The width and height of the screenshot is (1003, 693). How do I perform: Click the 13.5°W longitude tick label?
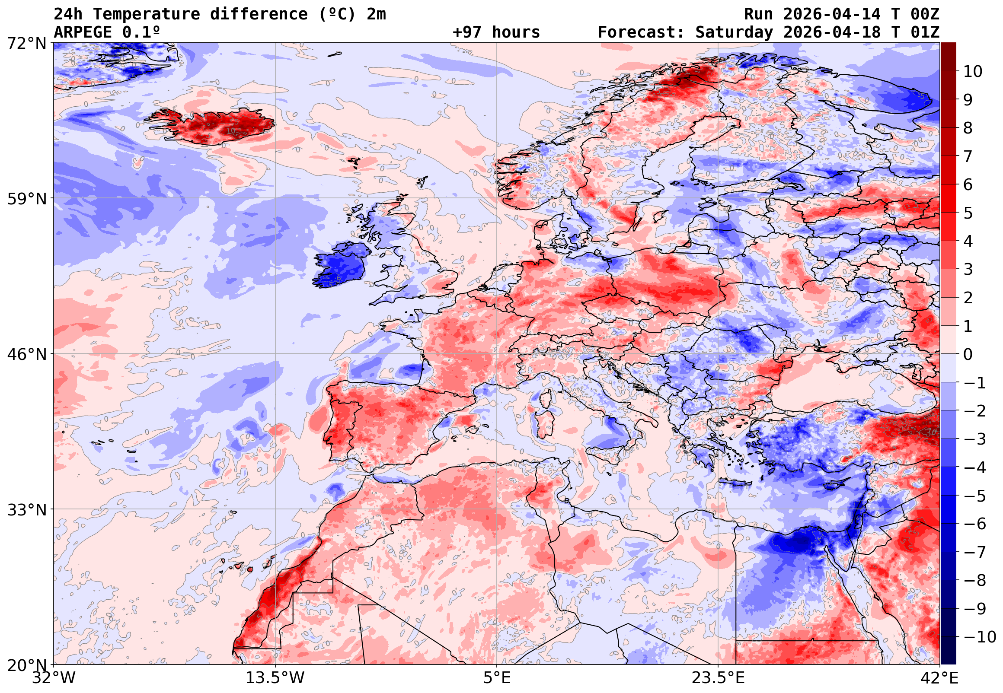275,678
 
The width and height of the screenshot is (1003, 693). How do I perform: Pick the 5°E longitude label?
497,678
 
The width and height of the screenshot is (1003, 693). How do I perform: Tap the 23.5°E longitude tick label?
718,678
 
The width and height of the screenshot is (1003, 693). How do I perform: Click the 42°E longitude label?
939,678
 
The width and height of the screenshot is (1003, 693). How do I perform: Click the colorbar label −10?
980,637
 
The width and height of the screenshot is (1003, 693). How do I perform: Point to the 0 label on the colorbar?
968,355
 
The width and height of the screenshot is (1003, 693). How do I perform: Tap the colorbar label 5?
968,213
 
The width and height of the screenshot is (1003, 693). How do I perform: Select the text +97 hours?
496,32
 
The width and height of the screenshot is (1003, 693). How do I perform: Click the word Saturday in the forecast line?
734,32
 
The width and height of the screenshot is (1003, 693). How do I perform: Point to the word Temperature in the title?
146,14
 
